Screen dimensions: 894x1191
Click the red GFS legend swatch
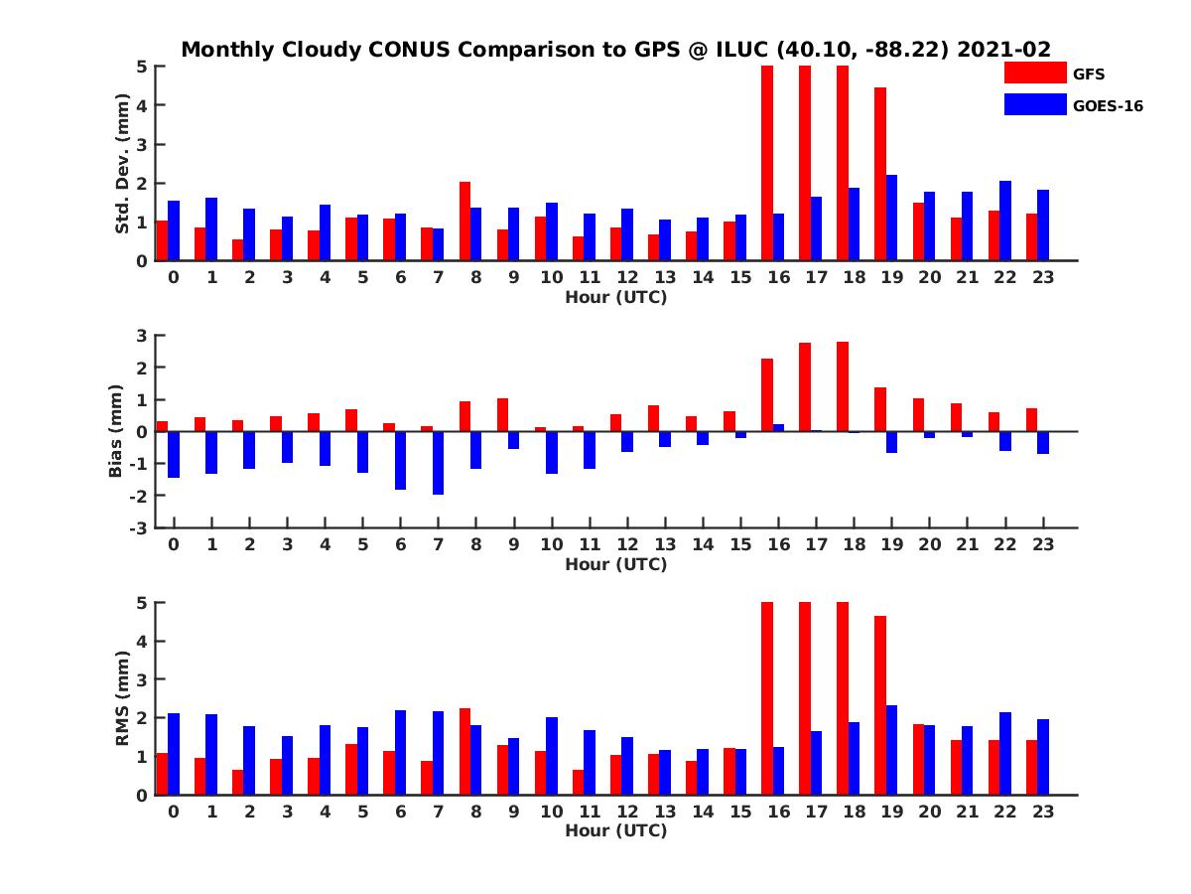(x=1035, y=73)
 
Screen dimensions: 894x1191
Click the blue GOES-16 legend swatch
(x=1035, y=104)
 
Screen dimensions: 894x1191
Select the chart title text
(x=615, y=50)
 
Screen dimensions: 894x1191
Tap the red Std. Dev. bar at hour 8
(x=464, y=222)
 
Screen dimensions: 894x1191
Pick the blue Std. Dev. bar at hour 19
(x=891, y=218)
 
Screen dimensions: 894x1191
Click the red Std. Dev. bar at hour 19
(x=880, y=174)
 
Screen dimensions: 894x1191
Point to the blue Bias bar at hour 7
(x=438, y=463)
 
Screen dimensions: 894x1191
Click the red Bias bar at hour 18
(x=843, y=386)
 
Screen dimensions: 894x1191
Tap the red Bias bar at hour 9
(x=502, y=415)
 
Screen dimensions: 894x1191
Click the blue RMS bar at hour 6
(x=400, y=752)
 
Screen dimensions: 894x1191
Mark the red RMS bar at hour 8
(x=464, y=751)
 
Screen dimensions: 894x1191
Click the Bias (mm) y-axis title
(x=115, y=431)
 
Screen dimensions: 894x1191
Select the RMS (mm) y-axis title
(x=123, y=698)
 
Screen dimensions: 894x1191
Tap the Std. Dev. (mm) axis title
(x=123, y=163)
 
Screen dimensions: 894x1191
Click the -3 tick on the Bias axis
(x=141, y=527)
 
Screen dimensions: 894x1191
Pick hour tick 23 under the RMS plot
(x=1043, y=812)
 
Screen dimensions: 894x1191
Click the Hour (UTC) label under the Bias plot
(x=615, y=564)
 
